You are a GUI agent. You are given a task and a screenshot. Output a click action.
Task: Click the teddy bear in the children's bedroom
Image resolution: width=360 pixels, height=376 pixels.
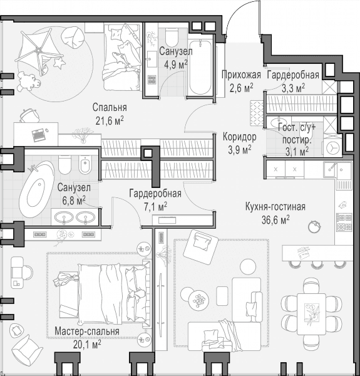(29, 81)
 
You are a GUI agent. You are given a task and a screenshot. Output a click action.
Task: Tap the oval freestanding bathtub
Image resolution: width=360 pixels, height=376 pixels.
(36, 189)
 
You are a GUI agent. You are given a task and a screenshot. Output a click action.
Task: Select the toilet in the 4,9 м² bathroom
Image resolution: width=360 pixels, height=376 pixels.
(172, 37)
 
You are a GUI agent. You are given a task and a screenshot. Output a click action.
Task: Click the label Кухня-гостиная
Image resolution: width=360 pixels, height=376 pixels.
(275, 207)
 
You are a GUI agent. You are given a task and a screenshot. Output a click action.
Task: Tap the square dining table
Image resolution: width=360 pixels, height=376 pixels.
(311, 314)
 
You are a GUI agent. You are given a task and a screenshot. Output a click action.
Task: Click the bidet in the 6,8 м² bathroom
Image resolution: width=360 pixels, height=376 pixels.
(85, 165)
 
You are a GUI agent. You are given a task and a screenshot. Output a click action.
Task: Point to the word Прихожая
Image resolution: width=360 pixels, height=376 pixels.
(241, 75)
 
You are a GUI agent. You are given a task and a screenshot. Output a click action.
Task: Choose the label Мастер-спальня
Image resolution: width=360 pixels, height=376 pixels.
(87, 331)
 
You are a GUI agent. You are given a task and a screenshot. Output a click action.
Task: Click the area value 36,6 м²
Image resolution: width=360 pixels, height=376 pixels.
(275, 220)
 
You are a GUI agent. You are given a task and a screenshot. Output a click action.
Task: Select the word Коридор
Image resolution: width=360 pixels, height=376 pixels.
(240, 137)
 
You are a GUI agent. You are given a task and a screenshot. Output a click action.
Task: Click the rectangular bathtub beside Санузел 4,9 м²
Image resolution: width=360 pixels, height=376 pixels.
(200, 68)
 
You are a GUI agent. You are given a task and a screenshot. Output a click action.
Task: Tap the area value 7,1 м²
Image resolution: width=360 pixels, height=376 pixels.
(155, 206)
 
